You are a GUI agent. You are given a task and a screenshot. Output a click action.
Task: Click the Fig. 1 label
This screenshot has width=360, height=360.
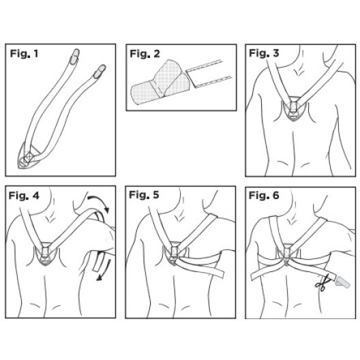(x=24, y=54)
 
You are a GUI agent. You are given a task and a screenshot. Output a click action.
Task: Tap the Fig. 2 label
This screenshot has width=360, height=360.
(x=145, y=54)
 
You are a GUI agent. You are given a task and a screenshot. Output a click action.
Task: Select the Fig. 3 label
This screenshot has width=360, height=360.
(x=264, y=53)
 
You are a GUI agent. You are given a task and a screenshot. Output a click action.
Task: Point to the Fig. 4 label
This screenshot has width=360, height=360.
(x=24, y=196)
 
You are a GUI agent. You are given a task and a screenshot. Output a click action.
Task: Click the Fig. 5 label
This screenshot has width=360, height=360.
(x=144, y=195)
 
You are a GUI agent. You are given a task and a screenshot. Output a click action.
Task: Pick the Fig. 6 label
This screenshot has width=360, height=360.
(x=264, y=196)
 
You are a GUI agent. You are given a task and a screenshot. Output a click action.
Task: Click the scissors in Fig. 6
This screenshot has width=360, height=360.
(x=322, y=284)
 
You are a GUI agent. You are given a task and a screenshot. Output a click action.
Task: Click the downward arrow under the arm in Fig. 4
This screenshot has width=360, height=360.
(x=104, y=271)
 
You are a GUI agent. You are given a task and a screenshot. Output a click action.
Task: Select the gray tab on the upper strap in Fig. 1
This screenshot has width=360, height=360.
(x=74, y=56)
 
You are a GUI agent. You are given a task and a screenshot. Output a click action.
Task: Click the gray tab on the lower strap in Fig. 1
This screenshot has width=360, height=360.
(x=100, y=71)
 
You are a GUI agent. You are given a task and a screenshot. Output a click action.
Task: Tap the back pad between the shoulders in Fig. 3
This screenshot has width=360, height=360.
(x=294, y=108)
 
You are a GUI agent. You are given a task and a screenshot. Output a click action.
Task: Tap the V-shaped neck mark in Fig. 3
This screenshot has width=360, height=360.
(x=299, y=71)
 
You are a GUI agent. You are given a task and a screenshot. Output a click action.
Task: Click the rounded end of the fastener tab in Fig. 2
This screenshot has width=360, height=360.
(x=136, y=95)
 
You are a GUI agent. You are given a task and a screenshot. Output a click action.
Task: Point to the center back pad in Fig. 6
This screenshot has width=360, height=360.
(x=286, y=254)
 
